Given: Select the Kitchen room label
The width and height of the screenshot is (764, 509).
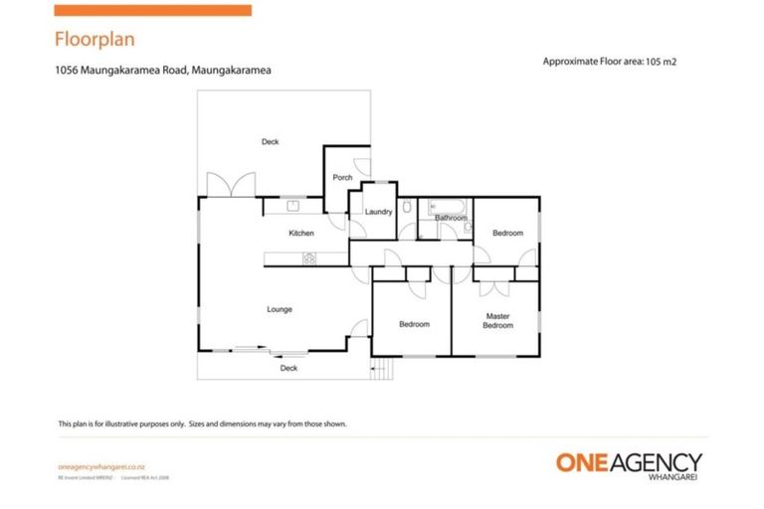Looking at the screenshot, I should click(301, 234).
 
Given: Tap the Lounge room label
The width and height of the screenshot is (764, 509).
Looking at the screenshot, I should click(280, 309).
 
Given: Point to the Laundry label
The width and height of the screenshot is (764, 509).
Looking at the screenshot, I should click(378, 212).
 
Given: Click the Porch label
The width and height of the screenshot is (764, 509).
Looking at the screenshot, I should click(343, 178).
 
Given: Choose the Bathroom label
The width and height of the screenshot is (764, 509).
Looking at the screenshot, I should click(451, 218).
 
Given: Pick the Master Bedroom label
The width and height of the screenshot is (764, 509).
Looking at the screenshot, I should click(497, 321).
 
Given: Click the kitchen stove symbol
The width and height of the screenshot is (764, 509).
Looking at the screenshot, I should click(308, 259).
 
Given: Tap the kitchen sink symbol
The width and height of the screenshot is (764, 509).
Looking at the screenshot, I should click(293, 206).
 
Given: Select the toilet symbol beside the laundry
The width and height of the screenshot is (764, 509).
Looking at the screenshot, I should click(407, 209).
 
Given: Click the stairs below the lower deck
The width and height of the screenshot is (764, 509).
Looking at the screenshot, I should click(383, 370).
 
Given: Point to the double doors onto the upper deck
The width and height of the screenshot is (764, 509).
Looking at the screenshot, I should click(230, 185).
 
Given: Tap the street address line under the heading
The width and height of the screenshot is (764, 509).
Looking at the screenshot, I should click(163, 71).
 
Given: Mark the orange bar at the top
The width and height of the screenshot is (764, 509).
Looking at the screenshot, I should click(152, 10).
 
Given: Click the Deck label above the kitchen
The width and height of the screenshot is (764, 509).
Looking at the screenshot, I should click(271, 142).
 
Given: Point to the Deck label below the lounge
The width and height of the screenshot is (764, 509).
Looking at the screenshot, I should click(288, 369).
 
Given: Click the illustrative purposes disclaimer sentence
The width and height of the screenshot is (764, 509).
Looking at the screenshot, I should click(202, 424).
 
